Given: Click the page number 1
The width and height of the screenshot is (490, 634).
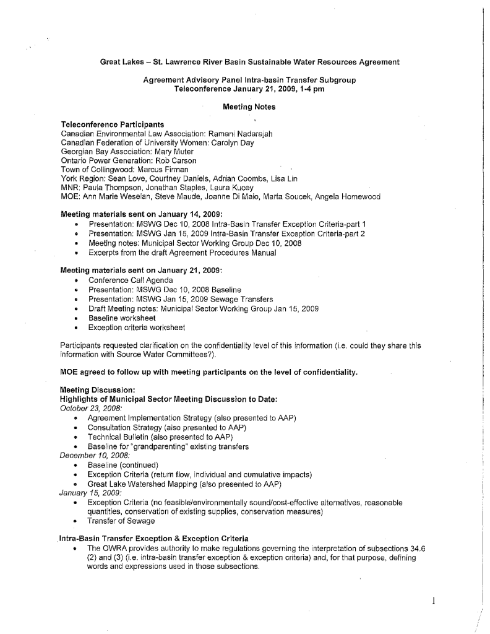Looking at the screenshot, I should [435, 599].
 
